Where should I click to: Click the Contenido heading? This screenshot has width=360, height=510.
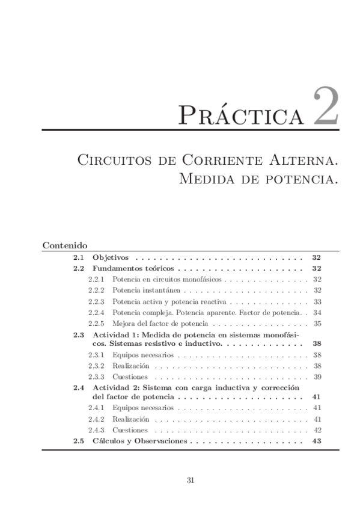pyautogui.click(x=66, y=246)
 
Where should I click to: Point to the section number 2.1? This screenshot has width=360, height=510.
pyautogui.click(x=78, y=257)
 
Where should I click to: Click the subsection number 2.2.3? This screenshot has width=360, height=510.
pyautogui.click(x=96, y=301)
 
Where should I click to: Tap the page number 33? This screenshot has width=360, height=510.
pyautogui.click(x=317, y=301)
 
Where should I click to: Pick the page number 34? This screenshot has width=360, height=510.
pyautogui.click(x=317, y=312)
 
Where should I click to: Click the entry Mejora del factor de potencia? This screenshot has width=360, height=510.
pyautogui.click(x=157, y=323)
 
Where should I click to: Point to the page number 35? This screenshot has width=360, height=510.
pyautogui.click(x=317, y=323)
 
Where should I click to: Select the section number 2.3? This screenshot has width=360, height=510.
pyautogui.click(x=78, y=334)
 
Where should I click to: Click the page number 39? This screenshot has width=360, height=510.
pyautogui.click(x=317, y=376)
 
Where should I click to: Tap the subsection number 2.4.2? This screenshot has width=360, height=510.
pyautogui.click(x=96, y=419)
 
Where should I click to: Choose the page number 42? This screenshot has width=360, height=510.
pyautogui.click(x=317, y=429)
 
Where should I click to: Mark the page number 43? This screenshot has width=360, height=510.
pyautogui.click(x=317, y=441)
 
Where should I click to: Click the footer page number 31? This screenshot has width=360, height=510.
pyautogui.click(x=190, y=480)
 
